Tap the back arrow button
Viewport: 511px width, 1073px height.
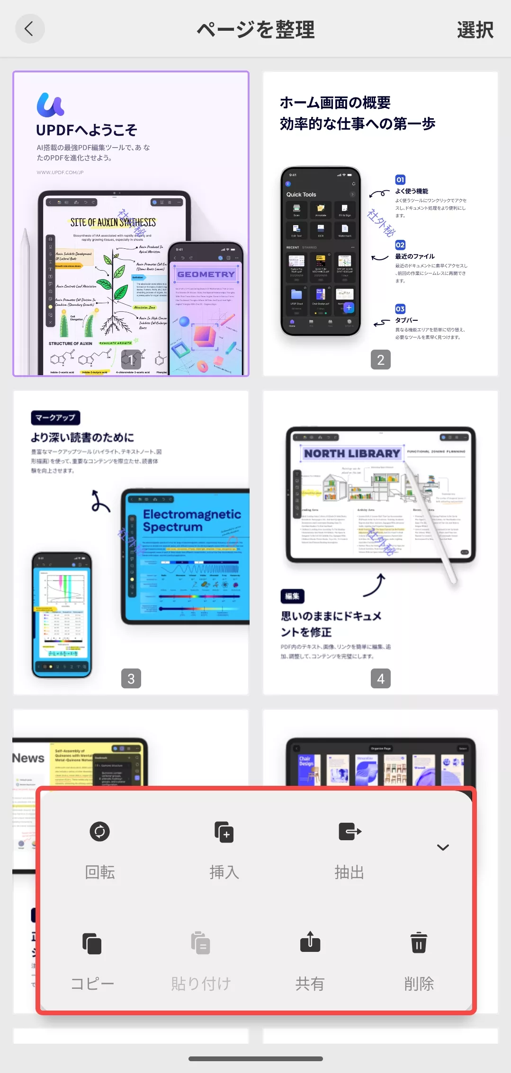click(x=29, y=29)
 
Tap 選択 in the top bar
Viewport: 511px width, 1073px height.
click(x=475, y=30)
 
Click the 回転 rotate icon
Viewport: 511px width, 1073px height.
click(x=99, y=831)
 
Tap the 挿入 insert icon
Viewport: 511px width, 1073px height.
click(x=224, y=832)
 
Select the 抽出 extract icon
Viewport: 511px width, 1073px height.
click(x=350, y=831)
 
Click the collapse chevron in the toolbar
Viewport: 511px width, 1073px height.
click(x=443, y=847)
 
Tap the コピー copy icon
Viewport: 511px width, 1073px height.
click(x=92, y=943)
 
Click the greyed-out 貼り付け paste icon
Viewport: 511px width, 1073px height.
click(x=201, y=943)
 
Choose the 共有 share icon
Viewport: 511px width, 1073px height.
click(x=310, y=942)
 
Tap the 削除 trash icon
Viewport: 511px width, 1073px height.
click(x=419, y=942)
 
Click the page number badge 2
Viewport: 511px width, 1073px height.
click(x=380, y=360)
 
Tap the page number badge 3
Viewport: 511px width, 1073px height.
click(x=131, y=678)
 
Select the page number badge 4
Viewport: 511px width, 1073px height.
click(x=380, y=678)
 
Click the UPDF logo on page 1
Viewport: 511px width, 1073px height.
click(x=50, y=105)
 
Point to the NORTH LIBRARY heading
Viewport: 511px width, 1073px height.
click(x=352, y=453)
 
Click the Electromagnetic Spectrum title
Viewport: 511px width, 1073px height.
click(x=192, y=520)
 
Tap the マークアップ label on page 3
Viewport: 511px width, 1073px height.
click(x=55, y=418)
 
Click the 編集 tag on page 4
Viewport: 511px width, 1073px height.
click(x=292, y=596)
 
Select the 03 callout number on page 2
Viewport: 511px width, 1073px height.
click(x=400, y=309)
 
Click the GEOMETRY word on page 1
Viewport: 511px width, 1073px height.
click(x=206, y=274)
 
